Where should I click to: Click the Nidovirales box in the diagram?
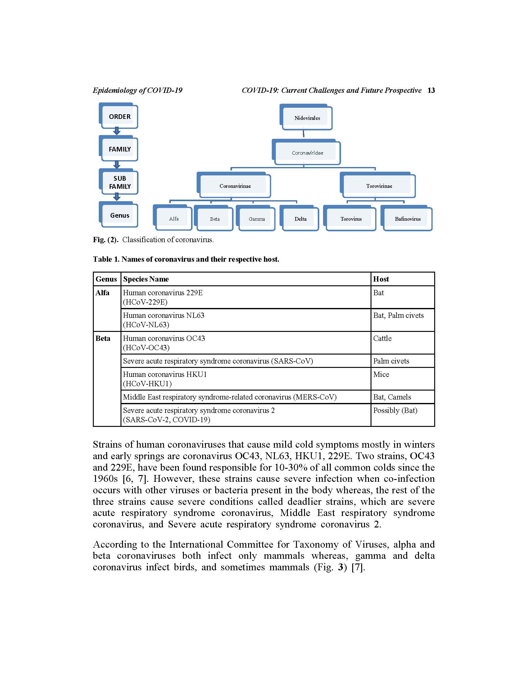pos(307,118)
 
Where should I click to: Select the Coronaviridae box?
pos(307,153)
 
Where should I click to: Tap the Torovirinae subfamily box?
pos(379,186)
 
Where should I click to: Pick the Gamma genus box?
pos(257,219)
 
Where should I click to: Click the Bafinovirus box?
pos(407,219)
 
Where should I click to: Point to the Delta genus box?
pos(300,219)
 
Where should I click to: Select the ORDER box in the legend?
pos(119,116)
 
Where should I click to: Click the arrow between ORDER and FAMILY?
pos(117,131)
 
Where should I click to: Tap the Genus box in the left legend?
pos(119,215)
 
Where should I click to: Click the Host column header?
pos(381,279)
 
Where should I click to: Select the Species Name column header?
pos(146,279)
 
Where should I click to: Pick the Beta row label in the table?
pos(102,338)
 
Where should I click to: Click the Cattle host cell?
pos(382,338)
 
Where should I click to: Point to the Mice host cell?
pos(381,374)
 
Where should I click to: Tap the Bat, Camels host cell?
pos(392,397)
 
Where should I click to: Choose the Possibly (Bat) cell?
pos(395,410)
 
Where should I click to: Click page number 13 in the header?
pos(431,90)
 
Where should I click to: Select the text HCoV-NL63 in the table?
pos(146,325)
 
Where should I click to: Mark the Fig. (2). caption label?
pos(105,240)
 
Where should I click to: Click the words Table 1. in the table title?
pos(106,259)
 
